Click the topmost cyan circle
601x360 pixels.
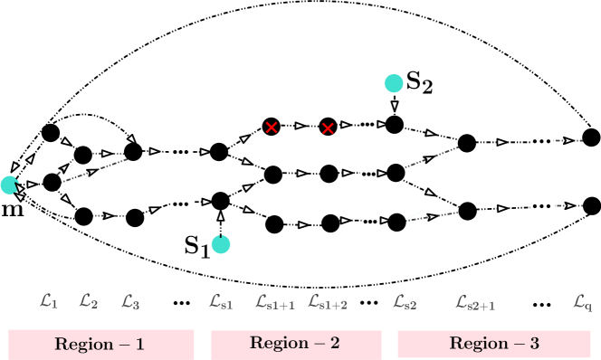(394, 83)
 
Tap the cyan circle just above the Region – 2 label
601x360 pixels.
(221, 244)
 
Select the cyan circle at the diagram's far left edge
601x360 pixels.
(9, 185)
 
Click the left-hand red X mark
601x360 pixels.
(271, 128)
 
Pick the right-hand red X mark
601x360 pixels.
(328, 128)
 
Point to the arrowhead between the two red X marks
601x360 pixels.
(300, 126)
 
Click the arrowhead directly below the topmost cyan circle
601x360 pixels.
(395, 105)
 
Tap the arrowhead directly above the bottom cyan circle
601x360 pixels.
(220, 217)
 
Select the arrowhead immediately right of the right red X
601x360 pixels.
(345, 125)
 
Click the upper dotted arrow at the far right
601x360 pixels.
(567, 140)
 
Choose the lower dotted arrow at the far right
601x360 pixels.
(567, 206)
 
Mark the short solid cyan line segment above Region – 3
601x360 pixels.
(415, 215)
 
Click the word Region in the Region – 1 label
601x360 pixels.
(85, 345)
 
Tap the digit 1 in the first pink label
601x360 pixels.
(139, 345)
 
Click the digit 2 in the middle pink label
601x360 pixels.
(335, 344)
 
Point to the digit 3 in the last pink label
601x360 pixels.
(534, 344)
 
